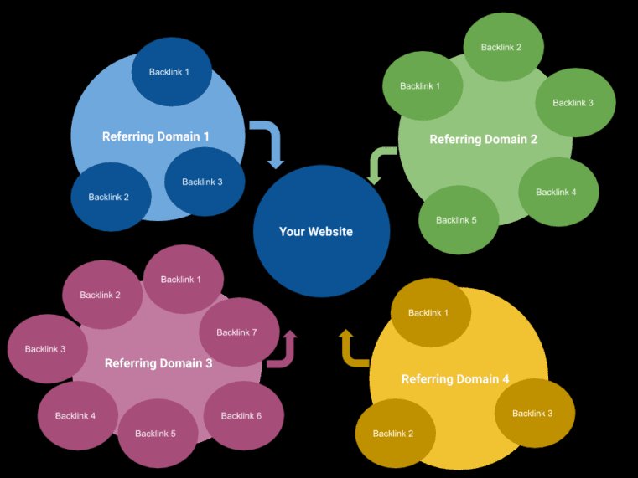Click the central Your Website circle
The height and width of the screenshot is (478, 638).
[x=321, y=232]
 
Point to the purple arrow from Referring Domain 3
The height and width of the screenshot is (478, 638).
[x=283, y=350]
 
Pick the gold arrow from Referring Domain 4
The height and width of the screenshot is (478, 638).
[x=353, y=349]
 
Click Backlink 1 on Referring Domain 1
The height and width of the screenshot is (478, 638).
[x=169, y=72]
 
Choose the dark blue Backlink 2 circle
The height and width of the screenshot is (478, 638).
[x=110, y=198]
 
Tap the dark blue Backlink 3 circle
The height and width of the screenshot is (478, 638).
[x=203, y=182]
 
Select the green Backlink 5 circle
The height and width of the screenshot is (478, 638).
[x=457, y=220]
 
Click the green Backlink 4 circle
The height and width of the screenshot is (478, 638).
[x=557, y=192]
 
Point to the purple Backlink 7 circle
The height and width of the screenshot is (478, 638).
[x=237, y=332]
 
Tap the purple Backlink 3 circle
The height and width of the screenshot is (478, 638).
[x=46, y=349]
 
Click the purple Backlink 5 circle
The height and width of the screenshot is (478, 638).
[x=156, y=434]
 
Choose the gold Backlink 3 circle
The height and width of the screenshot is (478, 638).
[x=533, y=414]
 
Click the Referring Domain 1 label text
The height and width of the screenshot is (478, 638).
[x=156, y=136]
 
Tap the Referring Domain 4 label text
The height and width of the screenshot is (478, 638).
[x=455, y=379]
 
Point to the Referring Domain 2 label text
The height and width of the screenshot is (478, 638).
[x=484, y=140]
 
